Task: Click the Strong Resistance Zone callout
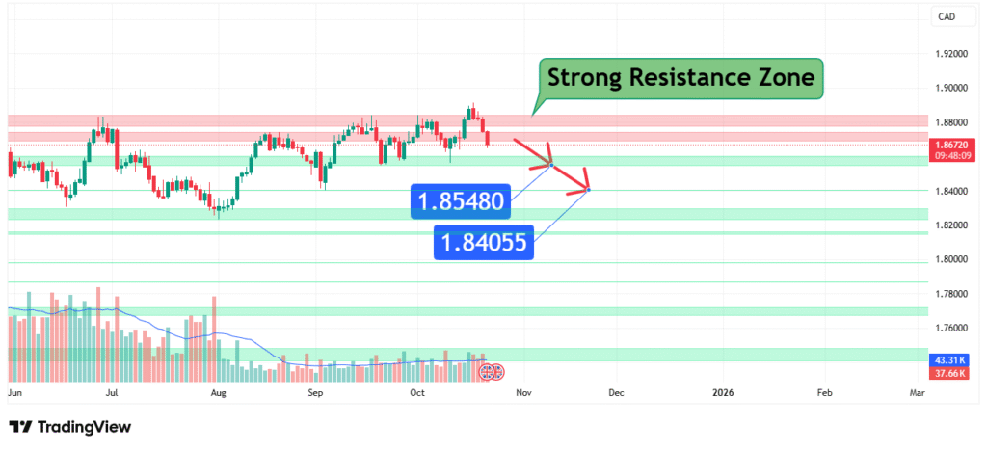tap(680, 76)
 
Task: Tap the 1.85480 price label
tap(460, 202)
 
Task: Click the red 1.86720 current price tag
tap(952, 145)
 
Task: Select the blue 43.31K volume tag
tap(951, 358)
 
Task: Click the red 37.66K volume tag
tap(951, 372)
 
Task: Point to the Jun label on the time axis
tap(14, 393)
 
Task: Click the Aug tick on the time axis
tap(219, 393)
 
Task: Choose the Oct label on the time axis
tap(417, 393)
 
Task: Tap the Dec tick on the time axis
tap(616, 393)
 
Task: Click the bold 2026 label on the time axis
tap(723, 393)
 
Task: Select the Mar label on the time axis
tap(917, 393)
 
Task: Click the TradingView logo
tap(69, 427)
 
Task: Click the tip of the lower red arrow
tap(588, 189)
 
